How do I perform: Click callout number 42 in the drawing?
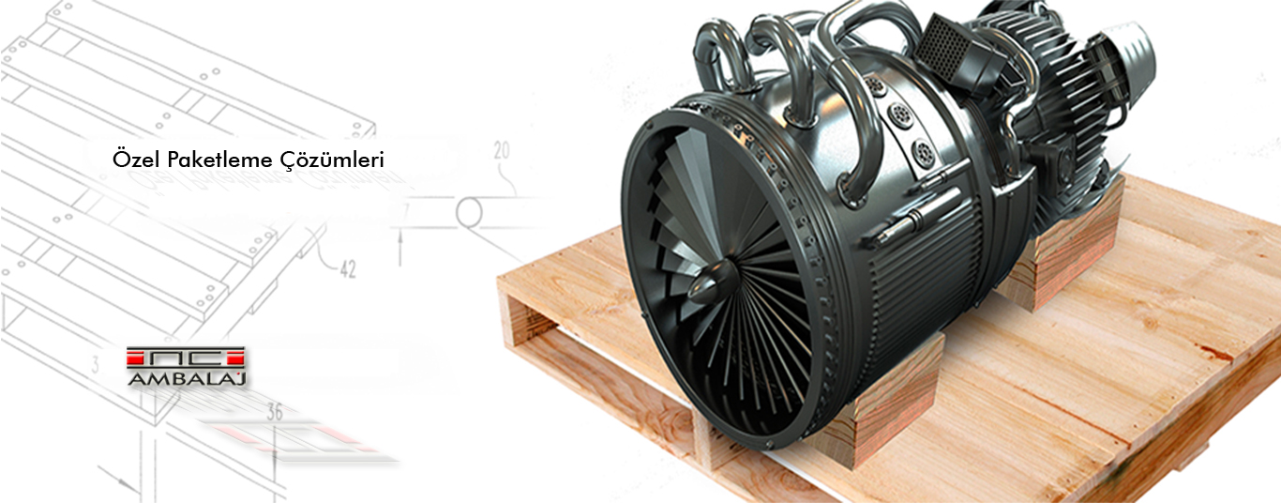click(348, 269)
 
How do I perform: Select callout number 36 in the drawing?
click(275, 412)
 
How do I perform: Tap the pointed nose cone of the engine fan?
click(711, 282)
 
